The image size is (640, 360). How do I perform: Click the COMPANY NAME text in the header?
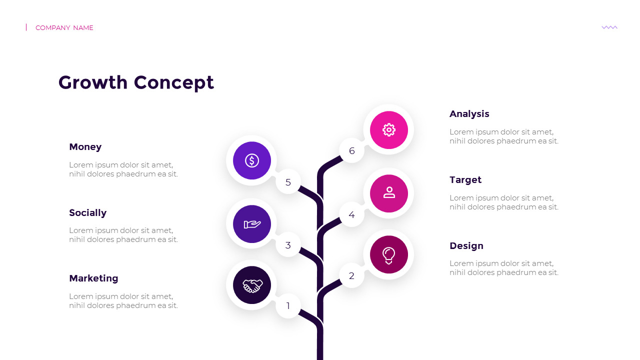(64, 27)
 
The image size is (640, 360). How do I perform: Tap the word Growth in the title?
(93, 82)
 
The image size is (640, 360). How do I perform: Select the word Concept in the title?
(173, 83)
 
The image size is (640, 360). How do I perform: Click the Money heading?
(85, 147)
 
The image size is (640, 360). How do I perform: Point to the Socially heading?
(87, 213)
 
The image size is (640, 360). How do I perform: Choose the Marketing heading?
(93, 278)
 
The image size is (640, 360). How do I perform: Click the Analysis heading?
(469, 114)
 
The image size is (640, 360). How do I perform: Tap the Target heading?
(465, 180)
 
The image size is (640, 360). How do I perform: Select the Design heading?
(466, 246)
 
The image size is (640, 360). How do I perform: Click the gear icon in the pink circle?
(389, 130)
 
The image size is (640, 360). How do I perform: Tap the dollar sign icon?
(251, 160)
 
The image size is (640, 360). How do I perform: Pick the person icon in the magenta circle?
(389, 192)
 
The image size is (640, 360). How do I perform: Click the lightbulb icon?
(388, 255)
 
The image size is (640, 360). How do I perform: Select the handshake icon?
(252, 285)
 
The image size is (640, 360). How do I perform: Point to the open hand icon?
(252, 224)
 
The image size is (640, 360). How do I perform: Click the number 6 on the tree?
(351, 150)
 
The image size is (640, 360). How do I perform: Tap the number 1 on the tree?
(288, 306)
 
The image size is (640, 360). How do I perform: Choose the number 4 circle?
(351, 214)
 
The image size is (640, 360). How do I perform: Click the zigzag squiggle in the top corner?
(609, 27)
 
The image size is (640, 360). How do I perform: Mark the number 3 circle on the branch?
(288, 245)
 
